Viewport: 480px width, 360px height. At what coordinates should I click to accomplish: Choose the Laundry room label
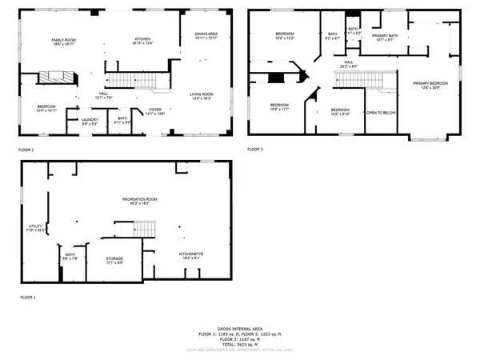tap(90, 122)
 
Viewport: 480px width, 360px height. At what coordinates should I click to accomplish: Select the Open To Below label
tap(381, 113)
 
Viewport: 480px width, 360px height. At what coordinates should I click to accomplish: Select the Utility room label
tap(35, 228)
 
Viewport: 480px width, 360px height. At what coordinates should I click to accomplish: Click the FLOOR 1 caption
tap(29, 297)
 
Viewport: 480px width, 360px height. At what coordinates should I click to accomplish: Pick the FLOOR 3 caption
tap(254, 149)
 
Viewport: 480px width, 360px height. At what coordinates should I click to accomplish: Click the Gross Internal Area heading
tap(239, 328)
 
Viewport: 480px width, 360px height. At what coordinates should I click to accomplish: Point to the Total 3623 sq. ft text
tap(239, 342)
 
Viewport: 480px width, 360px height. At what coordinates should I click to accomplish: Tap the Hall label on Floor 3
tap(349, 64)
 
